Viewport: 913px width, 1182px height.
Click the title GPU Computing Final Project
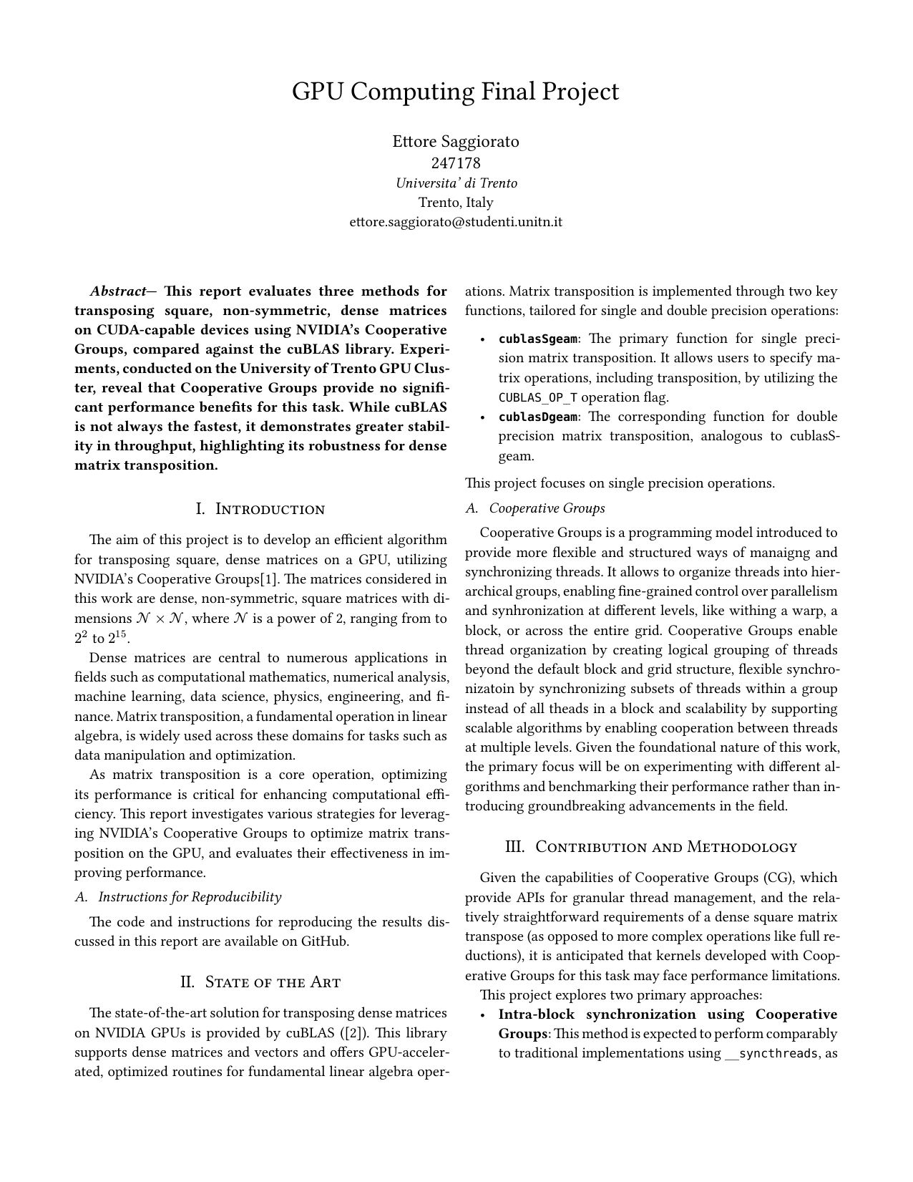456,92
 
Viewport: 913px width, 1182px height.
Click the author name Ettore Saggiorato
456,142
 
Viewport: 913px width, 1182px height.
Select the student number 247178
456,163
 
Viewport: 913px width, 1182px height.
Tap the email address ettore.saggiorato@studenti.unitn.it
456,222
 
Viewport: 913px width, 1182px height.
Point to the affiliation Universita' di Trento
456,183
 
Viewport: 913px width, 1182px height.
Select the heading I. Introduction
260,509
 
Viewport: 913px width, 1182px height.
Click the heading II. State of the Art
260,982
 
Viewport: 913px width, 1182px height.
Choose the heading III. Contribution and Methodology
651,847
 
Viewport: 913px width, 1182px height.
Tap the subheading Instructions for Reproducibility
190,897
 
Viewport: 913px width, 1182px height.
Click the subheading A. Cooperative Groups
535,508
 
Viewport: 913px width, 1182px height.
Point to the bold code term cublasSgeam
537,339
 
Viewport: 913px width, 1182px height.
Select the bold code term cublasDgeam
537,417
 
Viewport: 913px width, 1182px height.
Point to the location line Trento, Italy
456,203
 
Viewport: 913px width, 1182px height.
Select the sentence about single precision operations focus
620,483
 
